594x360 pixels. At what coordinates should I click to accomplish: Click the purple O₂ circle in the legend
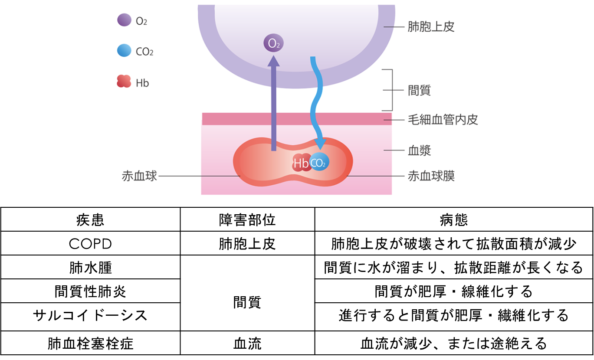point(124,20)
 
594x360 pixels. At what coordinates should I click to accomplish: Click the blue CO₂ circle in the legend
point(124,51)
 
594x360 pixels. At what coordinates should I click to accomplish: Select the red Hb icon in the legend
point(124,82)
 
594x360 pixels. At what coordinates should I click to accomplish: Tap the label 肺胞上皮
point(431,27)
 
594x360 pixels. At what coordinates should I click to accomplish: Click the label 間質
point(419,90)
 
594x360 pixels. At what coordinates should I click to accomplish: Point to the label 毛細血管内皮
point(443,120)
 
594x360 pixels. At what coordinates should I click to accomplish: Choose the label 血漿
point(419,151)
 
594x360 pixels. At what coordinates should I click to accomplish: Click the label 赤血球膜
point(431,176)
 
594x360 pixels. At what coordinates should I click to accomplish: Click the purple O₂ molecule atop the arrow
point(273,43)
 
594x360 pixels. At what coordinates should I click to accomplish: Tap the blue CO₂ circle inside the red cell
point(319,162)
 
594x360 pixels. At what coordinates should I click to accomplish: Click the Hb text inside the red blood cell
point(300,163)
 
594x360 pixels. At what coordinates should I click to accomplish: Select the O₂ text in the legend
point(141,21)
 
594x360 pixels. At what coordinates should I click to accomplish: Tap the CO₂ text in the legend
point(144,52)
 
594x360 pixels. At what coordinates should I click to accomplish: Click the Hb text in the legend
point(142,82)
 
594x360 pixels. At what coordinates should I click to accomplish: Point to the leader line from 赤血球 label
point(195,176)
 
